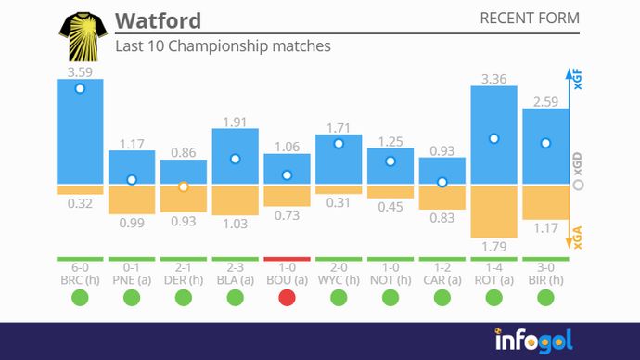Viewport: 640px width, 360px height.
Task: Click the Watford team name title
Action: (158, 20)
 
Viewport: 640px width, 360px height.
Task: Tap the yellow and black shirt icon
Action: (82, 36)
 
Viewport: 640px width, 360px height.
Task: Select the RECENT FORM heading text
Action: (529, 19)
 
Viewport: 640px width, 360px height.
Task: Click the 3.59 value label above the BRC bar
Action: (79, 70)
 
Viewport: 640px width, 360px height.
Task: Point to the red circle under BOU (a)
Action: (287, 298)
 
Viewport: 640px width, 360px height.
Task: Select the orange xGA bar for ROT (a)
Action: (493, 212)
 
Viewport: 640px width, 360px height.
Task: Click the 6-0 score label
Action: (80, 266)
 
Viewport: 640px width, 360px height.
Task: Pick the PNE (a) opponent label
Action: (132, 278)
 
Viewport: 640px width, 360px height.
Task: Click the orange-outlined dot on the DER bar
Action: (184, 186)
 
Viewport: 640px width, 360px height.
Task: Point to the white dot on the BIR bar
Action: (545, 144)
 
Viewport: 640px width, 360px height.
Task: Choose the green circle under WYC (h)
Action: (339, 298)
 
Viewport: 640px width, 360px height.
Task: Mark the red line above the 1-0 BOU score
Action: (287, 259)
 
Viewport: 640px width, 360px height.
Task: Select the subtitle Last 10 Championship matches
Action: (223, 45)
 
